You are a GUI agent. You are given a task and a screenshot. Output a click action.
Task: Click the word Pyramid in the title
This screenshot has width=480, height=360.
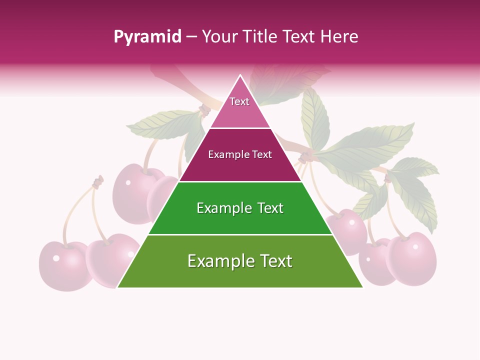point(147,37)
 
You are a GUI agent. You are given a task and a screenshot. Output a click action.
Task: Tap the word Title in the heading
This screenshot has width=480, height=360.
point(261,37)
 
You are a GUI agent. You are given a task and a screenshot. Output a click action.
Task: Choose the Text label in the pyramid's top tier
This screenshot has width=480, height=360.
point(239,101)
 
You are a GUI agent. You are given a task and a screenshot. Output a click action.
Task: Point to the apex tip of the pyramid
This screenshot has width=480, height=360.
point(240,76)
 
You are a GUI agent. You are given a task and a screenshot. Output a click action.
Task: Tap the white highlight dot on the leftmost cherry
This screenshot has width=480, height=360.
point(56,258)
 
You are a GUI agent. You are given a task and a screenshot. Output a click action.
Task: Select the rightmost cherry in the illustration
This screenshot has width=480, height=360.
point(413,257)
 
